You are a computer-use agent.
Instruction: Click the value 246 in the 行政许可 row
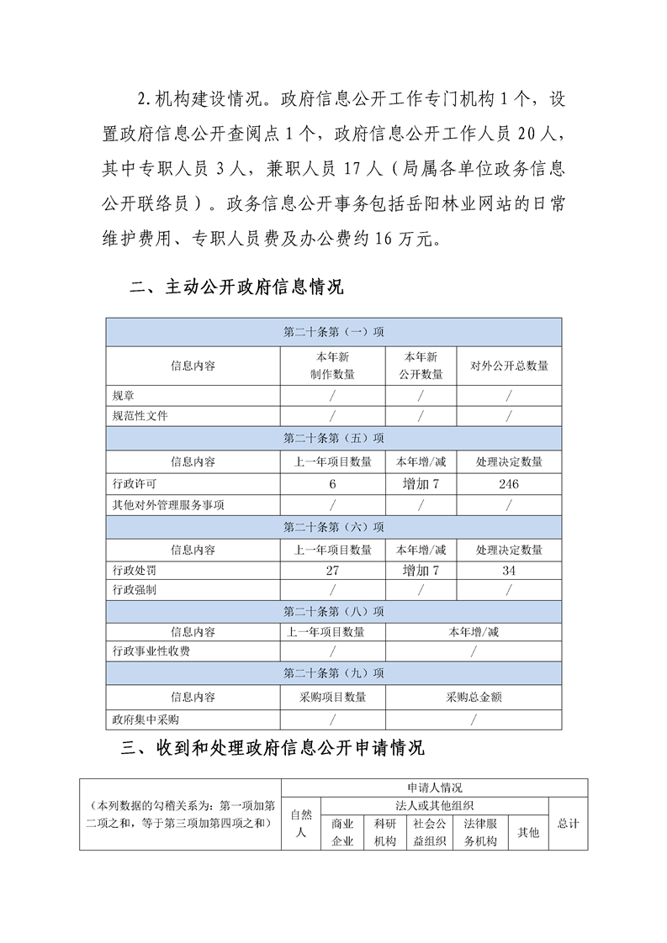coord(508,484)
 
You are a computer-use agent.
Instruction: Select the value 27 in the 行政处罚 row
coord(333,571)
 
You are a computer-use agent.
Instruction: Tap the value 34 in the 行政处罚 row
coord(508,571)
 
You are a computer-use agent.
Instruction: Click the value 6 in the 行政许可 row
coord(333,484)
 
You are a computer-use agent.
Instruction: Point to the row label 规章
coord(123,395)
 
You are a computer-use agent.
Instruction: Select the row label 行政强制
coord(134,590)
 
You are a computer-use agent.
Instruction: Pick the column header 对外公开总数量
coord(509,366)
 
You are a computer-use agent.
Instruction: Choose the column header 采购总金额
coord(474,698)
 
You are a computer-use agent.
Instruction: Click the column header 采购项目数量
coord(333,698)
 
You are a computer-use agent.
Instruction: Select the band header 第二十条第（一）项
coord(333,332)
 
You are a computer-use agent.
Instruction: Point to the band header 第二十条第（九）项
coord(333,674)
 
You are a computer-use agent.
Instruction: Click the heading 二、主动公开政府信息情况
coord(237,287)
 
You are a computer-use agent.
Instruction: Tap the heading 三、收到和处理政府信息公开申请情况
coord(278,747)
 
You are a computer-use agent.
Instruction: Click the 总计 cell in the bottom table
coord(568,824)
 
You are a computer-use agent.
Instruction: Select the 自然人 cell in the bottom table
coord(300,824)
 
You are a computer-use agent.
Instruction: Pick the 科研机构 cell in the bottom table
coord(384,832)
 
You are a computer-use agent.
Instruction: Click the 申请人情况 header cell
coord(434,788)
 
